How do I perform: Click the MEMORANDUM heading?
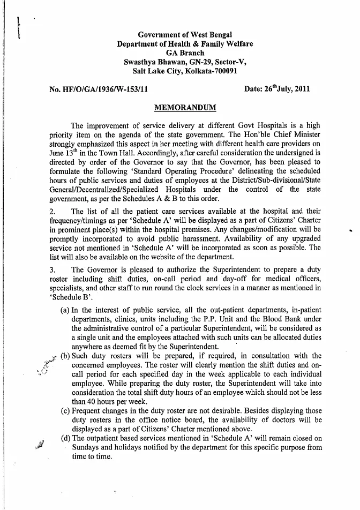point(185,107)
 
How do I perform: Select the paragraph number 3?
point(52,269)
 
